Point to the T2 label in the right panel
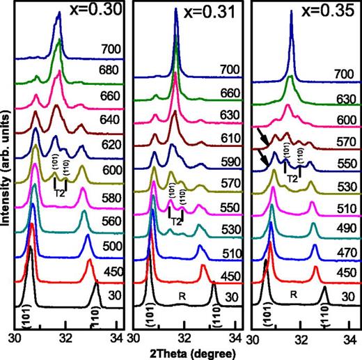292,178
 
